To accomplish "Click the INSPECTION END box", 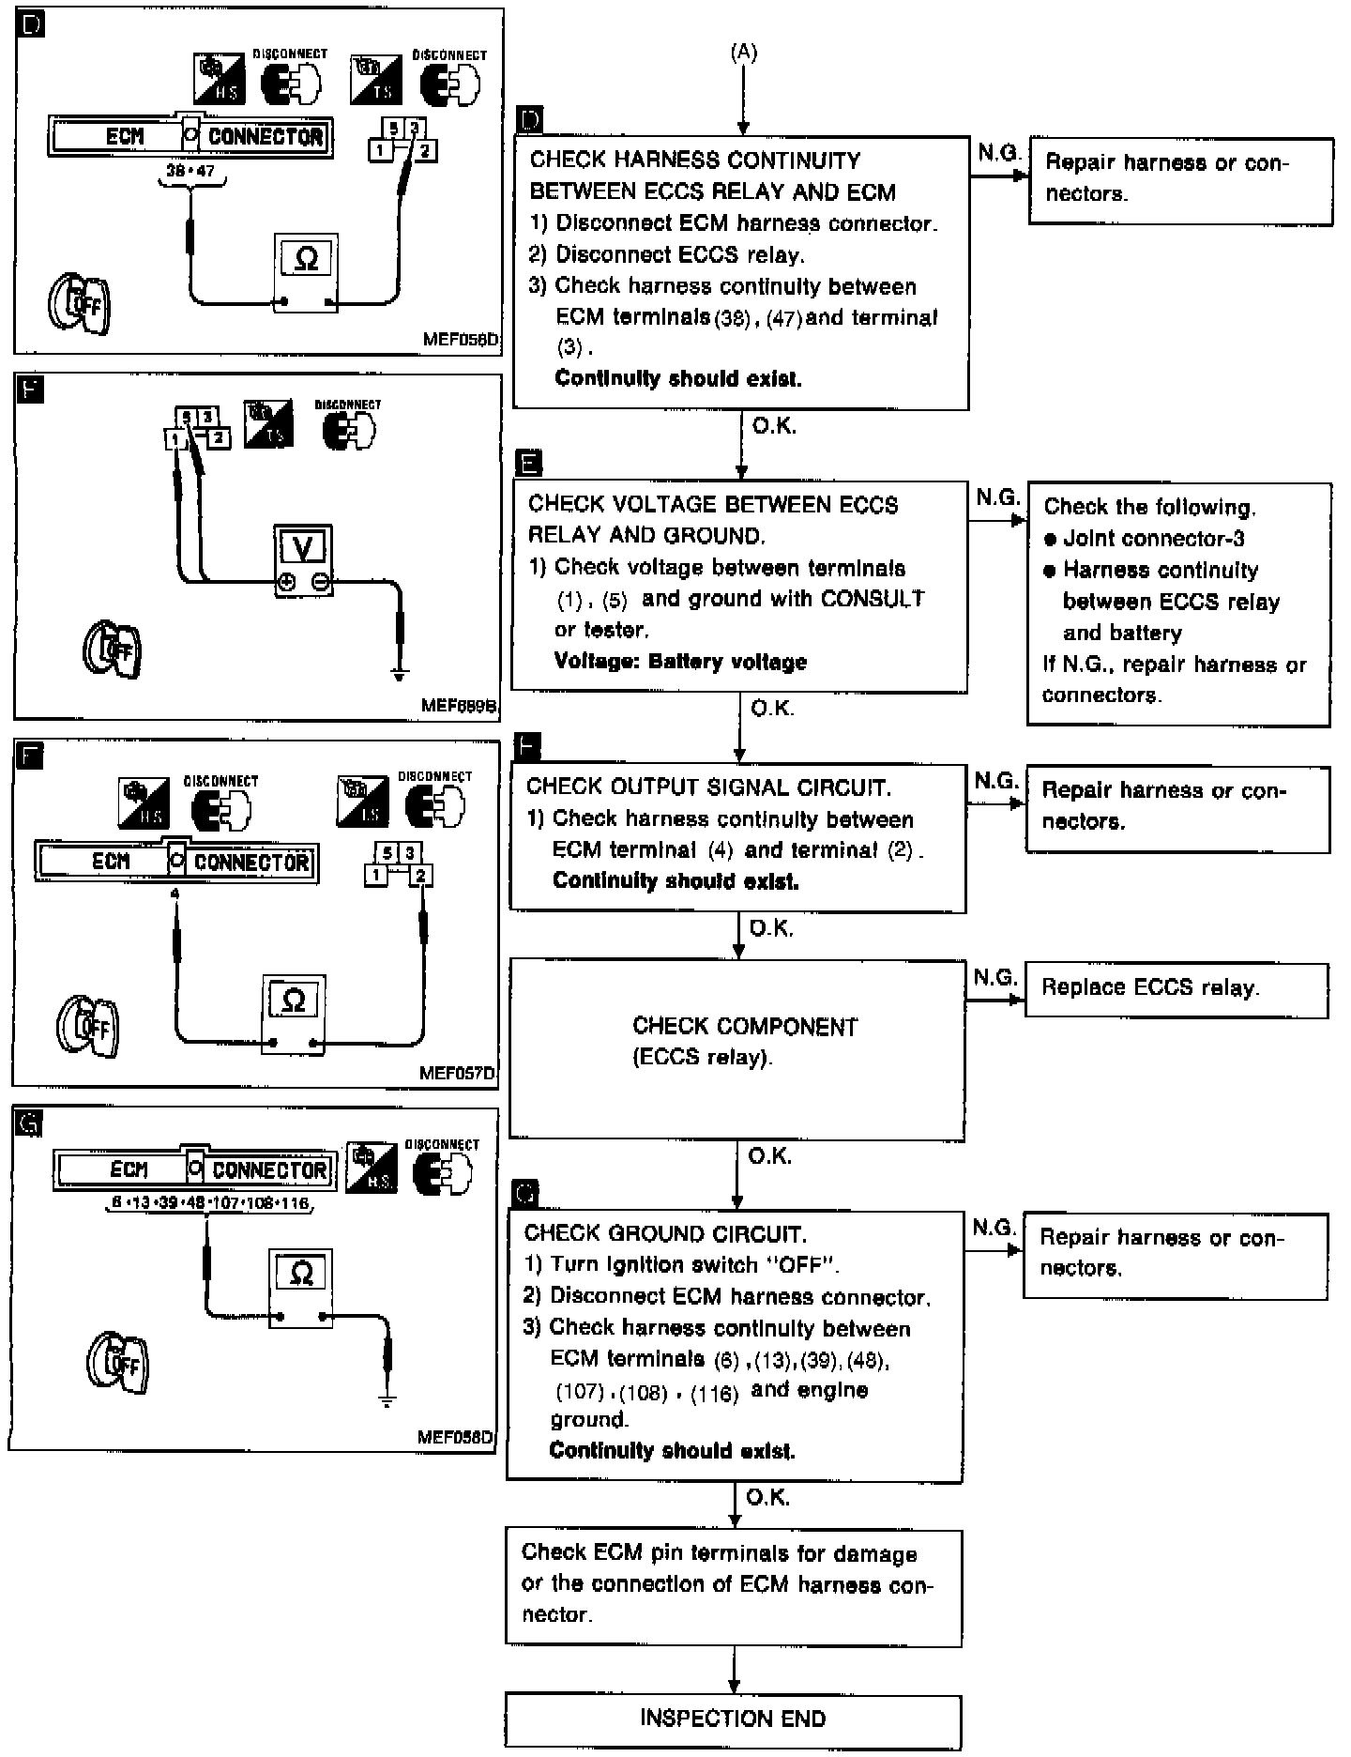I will (733, 1719).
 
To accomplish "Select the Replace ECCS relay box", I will (1176, 989).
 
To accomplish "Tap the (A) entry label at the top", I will (743, 53).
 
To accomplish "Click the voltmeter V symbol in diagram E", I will (303, 547).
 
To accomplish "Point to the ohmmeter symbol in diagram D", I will (306, 259).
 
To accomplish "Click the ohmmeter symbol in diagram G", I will (301, 1274).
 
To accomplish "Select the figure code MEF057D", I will (457, 1073).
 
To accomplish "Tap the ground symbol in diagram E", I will (400, 675).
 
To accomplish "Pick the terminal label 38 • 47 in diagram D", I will (191, 172).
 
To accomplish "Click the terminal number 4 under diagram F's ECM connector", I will (175, 894).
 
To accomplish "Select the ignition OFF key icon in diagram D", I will (80, 303).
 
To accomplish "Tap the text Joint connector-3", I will (1153, 539).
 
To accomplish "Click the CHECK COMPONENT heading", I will (745, 1027).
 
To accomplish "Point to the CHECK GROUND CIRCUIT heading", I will (664, 1234).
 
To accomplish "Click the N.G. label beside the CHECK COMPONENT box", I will (994, 978).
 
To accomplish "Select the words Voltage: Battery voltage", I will (680, 662).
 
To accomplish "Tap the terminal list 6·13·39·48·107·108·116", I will (209, 1203).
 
